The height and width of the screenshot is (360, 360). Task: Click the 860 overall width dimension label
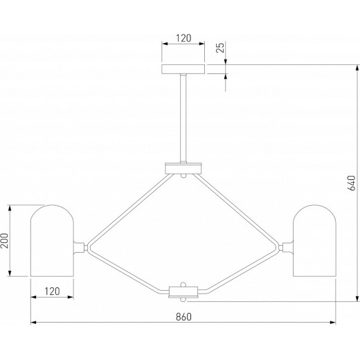coord(183,317)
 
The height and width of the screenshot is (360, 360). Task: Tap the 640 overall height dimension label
coord(351,183)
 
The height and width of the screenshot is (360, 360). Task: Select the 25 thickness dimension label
coord(221,48)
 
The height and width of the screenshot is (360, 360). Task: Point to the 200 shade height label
coord(4,241)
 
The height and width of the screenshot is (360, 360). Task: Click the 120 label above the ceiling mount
coord(183,38)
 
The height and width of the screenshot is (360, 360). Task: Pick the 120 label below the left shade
coord(52,291)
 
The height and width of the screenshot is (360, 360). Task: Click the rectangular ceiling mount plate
coord(183,69)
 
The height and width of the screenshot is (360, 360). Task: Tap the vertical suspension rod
coord(183,118)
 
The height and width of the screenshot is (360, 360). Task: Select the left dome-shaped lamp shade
coord(52,240)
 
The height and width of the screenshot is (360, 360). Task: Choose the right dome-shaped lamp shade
coord(314,240)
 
